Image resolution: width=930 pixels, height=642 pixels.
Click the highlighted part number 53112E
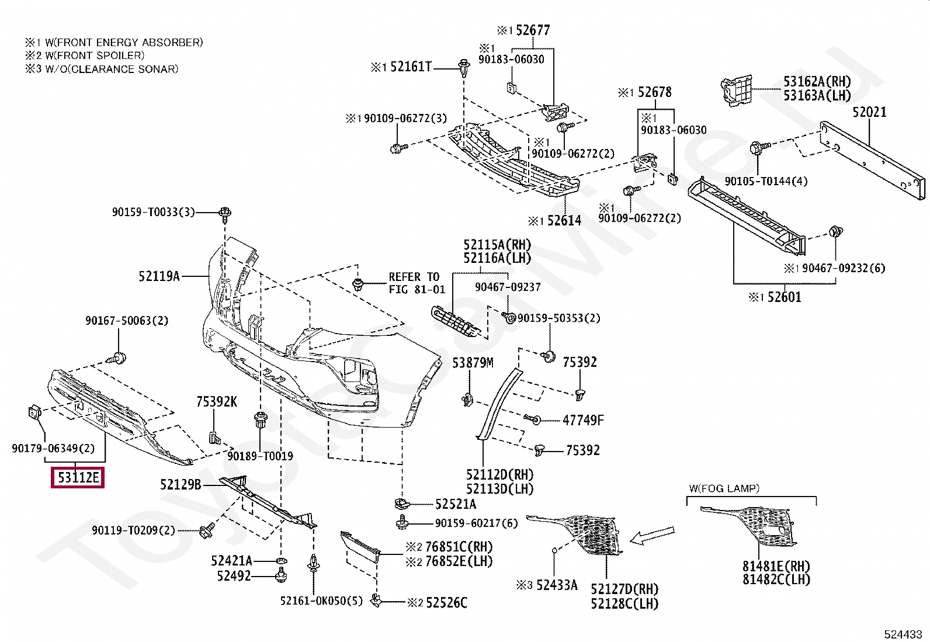[78, 477]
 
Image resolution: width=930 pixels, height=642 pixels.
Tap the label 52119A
[159, 276]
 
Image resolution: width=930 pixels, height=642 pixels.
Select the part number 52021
[869, 112]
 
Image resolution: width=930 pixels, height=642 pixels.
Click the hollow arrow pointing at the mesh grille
[652, 535]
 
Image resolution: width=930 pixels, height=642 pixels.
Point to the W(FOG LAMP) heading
[724, 488]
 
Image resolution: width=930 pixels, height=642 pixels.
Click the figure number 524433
[903, 634]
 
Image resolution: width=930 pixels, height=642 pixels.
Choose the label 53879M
[473, 363]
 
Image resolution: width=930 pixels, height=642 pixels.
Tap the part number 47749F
[583, 420]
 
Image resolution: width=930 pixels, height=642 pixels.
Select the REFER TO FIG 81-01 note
[417, 283]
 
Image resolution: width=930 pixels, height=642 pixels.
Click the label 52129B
[181, 485]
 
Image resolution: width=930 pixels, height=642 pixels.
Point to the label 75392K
[217, 401]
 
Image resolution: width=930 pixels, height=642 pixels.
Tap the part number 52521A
[456, 504]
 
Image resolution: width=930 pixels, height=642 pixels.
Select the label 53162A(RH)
[817, 81]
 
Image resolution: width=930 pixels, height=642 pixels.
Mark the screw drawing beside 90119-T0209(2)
[207, 530]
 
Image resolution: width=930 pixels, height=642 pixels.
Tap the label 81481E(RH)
[776, 566]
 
